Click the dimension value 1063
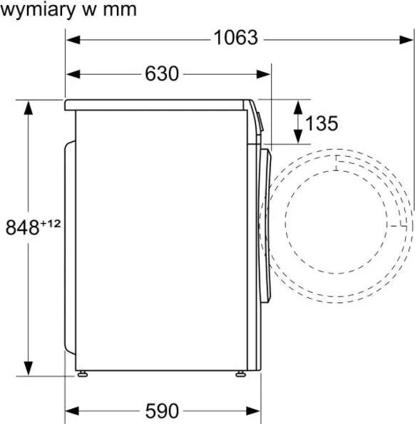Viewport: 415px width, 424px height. [235, 38]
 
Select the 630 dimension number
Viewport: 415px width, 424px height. [162, 73]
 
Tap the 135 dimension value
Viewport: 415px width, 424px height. [322, 123]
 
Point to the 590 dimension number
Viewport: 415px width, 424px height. [162, 411]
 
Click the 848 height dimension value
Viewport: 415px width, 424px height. [22, 227]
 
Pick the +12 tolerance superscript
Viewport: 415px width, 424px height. [51, 224]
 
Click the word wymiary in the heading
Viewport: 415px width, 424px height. [38, 10]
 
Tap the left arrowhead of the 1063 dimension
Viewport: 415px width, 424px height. [73, 40]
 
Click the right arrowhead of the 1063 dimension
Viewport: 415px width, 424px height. [406, 40]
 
